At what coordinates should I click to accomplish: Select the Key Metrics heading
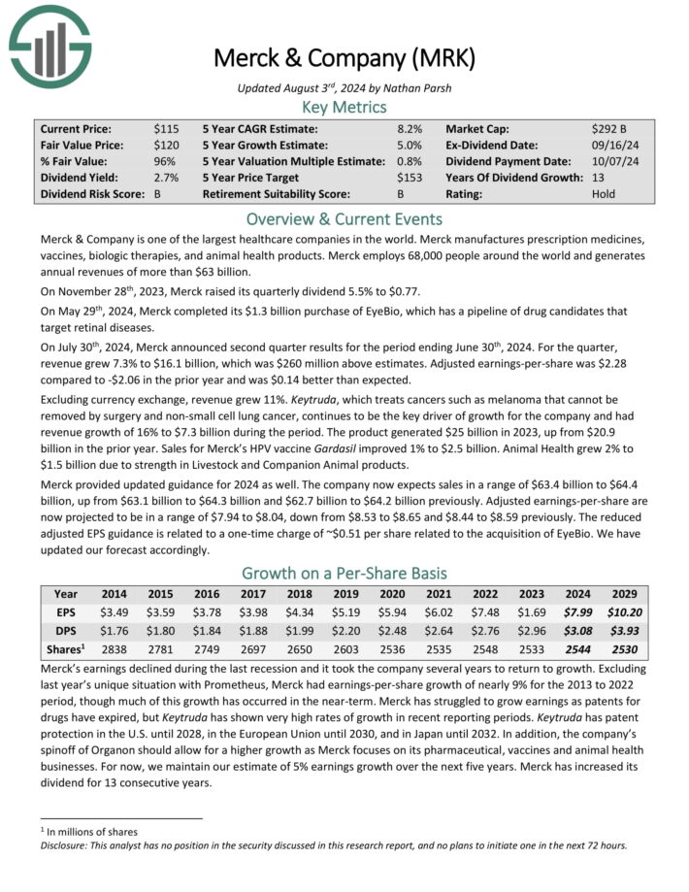click(x=344, y=108)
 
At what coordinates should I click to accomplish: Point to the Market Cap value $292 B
click(x=608, y=128)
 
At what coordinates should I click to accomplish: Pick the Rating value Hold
click(x=603, y=194)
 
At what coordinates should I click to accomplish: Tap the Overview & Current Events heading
click(x=344, y=218)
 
